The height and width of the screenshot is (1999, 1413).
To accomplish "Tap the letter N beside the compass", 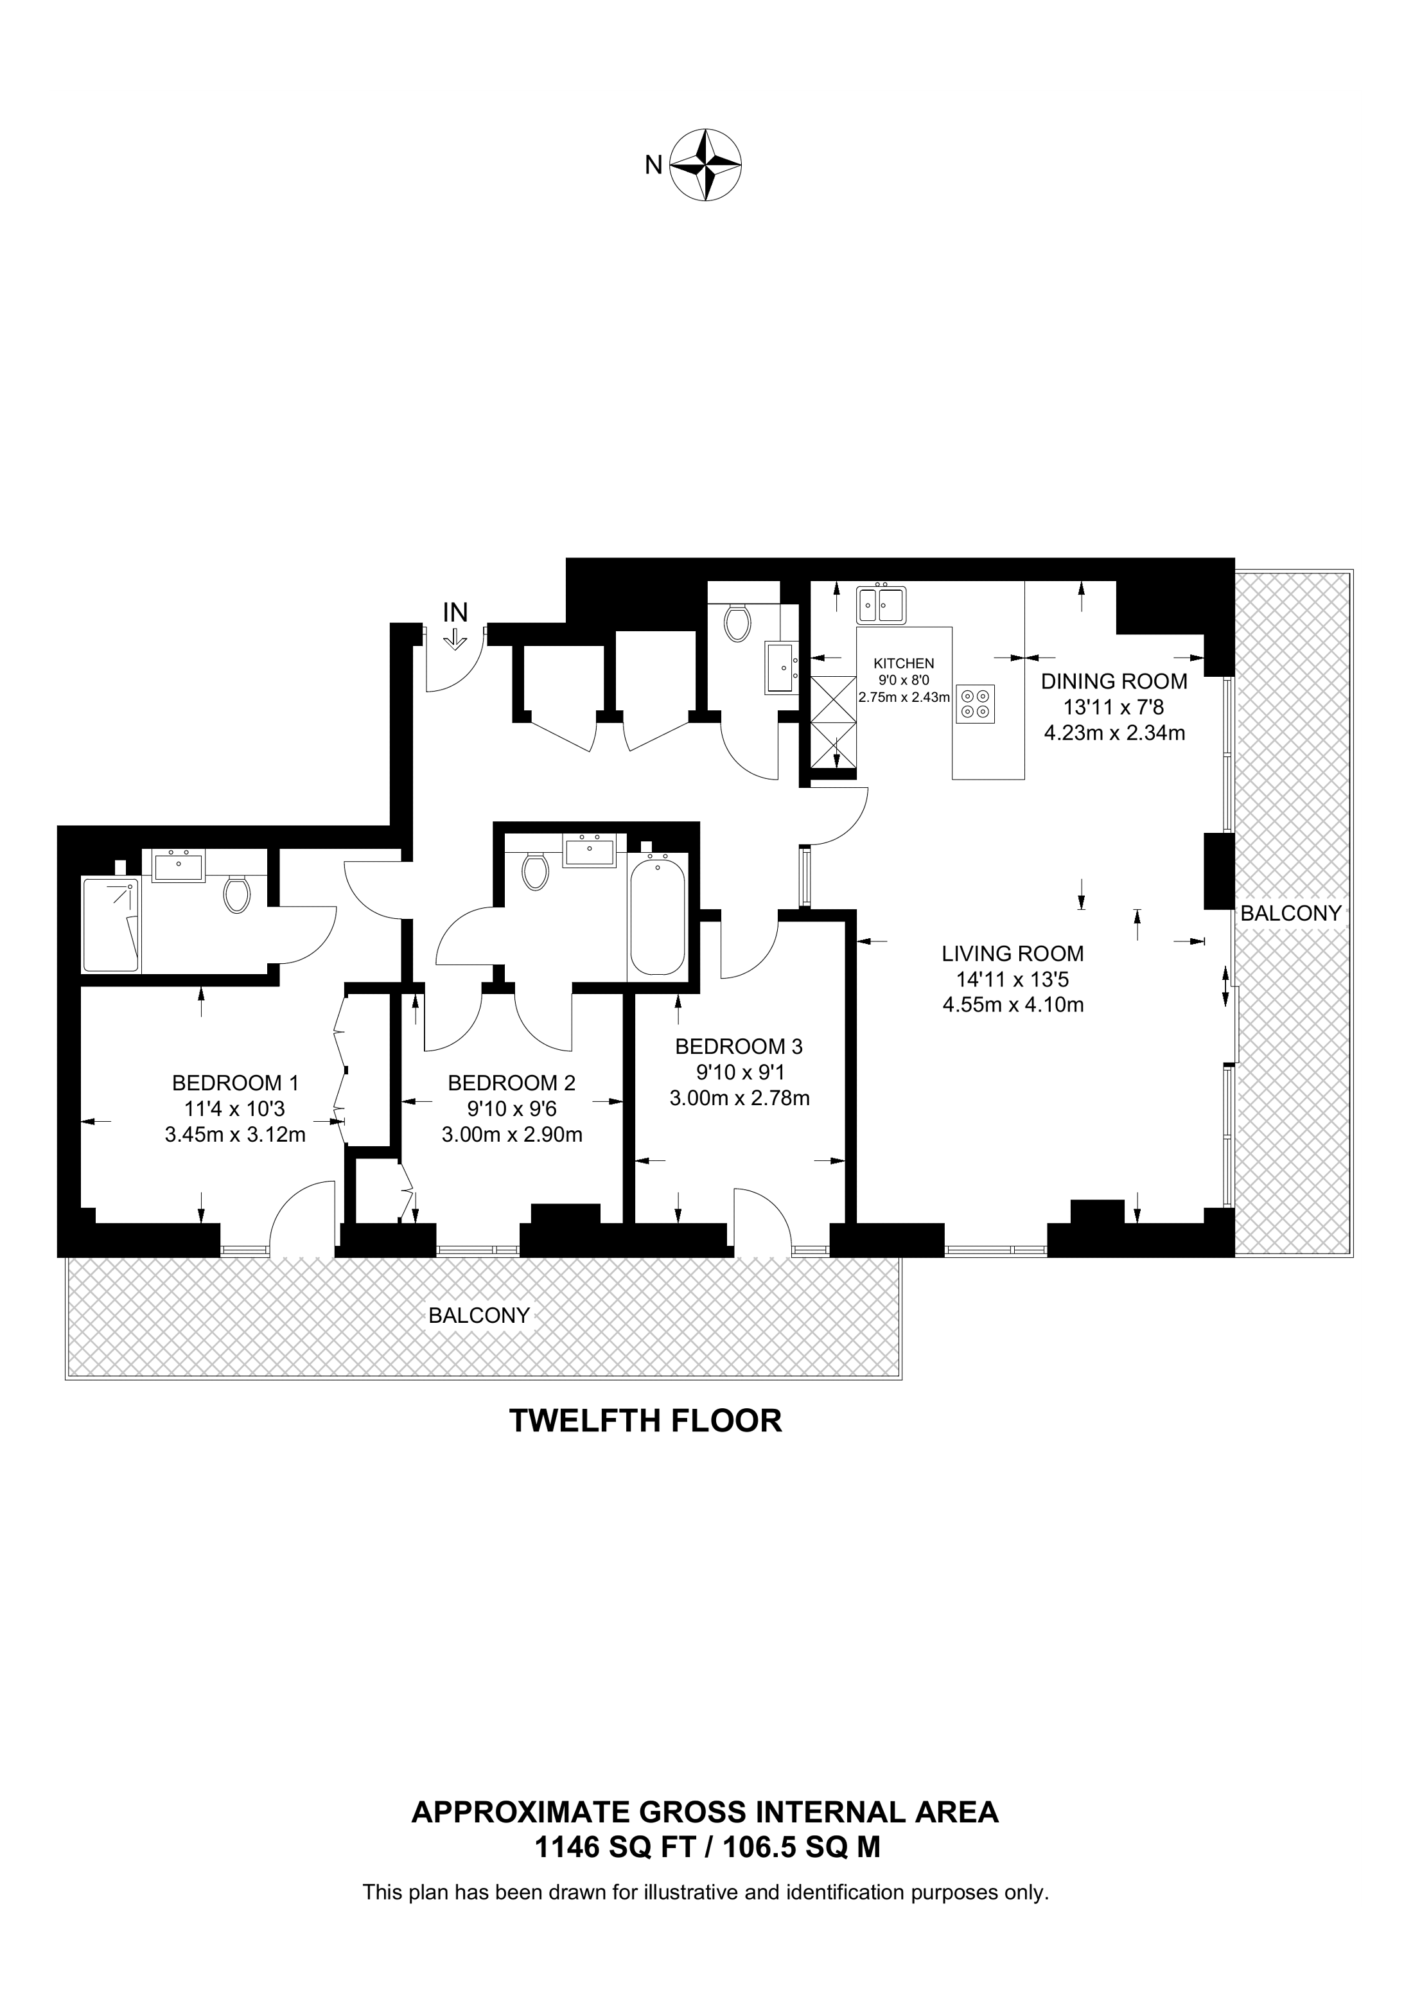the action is [653, 164].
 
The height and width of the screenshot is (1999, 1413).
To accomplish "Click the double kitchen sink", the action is [881, 604].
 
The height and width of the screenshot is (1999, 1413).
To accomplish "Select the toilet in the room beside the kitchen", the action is [737, 622].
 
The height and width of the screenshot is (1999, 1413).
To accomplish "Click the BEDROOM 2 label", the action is [512, 1083].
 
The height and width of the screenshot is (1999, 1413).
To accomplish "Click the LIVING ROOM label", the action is [1014, 954].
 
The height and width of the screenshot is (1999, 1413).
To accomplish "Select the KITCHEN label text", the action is [904, 663].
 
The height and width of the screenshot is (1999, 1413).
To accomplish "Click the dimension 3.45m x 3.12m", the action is [235, 1135].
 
